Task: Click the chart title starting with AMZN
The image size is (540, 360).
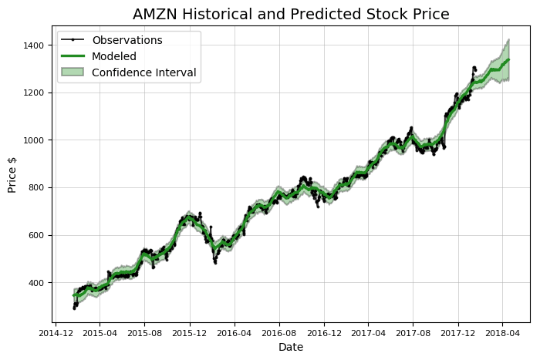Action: (x=291, y=14)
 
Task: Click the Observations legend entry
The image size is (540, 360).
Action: (x=127, y=40)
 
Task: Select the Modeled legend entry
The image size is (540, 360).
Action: (x=113, y=56)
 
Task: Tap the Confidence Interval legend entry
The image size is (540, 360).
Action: (x=143, y=73)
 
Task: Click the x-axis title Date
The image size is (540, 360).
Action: (x=291, y=348)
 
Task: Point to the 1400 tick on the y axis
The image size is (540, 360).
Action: (x=35, y=45)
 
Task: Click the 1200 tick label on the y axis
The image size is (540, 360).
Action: (x=35, y=93)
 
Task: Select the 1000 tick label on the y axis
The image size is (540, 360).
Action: (x=35, y=140)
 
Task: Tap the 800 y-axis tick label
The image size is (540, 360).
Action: (x=37, y=188)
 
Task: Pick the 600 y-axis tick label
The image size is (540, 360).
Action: (x=37, y=236)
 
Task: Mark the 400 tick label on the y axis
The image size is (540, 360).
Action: (x=37, y=283)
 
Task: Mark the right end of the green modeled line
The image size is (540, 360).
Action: (x=509, y=59)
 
